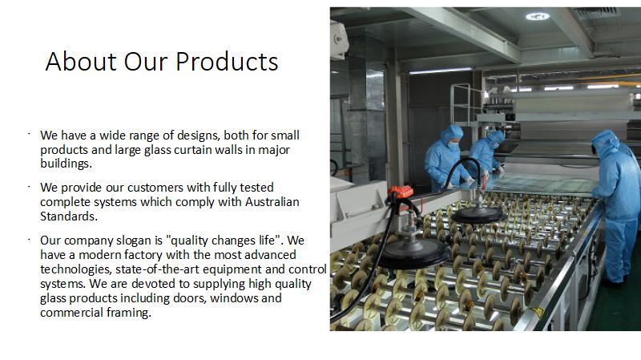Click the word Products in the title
[228, 62]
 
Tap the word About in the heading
[81, 62]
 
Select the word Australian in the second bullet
[272, 202]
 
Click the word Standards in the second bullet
[69, 216]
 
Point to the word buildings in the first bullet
[66, 164]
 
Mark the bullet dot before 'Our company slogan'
[30, 239]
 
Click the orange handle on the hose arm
[401, 192]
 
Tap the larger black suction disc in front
[413, 253]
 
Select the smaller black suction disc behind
[477, 215]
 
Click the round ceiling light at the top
[537, 16]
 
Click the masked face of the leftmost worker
[454, 144]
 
